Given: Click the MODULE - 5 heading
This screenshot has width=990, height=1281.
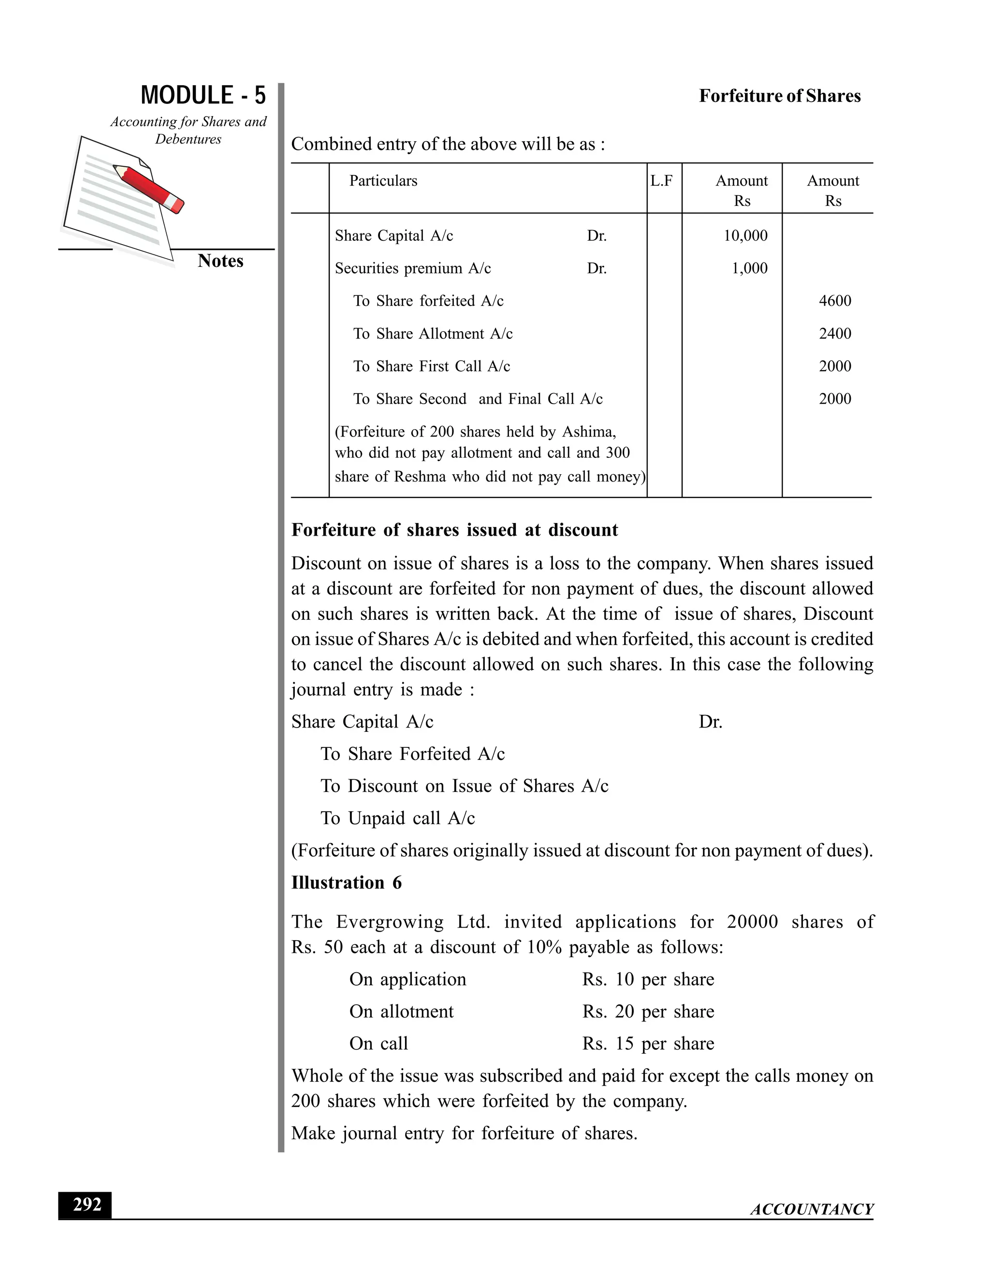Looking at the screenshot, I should (x=203, y=95).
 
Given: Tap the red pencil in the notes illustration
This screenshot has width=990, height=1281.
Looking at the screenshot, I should (x=149, y=188).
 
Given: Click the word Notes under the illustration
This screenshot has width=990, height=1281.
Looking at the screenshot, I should (x=220, y=261).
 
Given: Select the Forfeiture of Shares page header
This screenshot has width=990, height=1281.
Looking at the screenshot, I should (x=779, y=96).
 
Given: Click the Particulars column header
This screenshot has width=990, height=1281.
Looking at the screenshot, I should (x=383, y=181).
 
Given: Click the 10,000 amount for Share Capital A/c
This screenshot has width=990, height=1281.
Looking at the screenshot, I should (x=745, y=236).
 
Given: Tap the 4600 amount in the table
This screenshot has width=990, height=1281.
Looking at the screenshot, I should (x=834, y=301).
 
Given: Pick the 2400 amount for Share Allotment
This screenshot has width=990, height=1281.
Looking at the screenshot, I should (x=834, y=334).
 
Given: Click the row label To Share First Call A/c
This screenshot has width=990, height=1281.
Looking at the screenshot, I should (x=432, y=366).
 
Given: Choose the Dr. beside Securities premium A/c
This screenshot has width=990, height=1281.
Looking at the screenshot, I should (x=597, y=269).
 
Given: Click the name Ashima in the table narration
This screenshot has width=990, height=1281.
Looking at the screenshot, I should (x=588, y=432).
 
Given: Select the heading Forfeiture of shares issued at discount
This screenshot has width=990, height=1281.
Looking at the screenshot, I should (x=454, y=530).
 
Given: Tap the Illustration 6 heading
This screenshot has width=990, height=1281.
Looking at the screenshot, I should (x=346, y=883).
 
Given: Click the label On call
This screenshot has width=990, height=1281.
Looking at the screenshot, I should (x=379, y=1044).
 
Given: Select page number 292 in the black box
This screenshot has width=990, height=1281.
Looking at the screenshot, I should (x=86, y=1204).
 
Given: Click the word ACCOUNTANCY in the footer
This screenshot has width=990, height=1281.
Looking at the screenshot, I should (x=811, y=1209).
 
